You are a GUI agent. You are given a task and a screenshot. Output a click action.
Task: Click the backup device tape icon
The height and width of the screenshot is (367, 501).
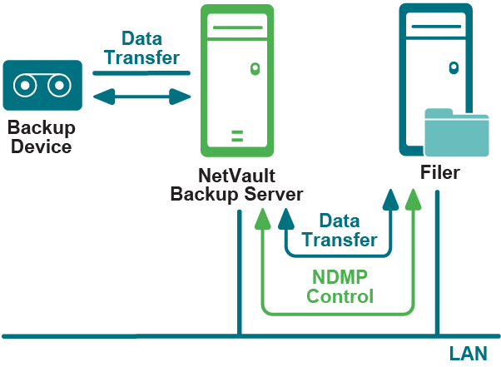click(42, 86)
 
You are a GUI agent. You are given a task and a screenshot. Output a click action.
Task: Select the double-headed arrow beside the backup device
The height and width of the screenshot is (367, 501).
click(142, 97)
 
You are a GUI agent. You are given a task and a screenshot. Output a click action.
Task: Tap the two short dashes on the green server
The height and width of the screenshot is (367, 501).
click(237, 135)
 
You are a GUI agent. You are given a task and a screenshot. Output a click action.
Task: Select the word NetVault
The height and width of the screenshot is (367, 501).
click(237, 176)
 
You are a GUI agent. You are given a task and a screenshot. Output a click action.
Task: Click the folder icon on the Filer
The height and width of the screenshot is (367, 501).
click(457, 132)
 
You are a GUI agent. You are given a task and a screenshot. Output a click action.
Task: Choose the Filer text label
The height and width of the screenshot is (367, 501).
click(439, 173)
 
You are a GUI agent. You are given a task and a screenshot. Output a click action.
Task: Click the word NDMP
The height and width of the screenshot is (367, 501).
click(340, 277)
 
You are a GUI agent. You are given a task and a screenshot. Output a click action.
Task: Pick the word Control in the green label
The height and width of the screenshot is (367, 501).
click(340, 295)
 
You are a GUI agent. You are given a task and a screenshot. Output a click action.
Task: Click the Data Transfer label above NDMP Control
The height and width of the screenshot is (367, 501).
click(340, 231)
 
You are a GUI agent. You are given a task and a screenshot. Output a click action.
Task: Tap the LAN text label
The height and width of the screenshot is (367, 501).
click(468, 354)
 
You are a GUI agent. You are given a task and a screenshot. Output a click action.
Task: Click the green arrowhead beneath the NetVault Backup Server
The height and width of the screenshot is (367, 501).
click(263, 218)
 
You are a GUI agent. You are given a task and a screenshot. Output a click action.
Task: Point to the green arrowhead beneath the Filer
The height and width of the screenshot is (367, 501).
click(412, 199)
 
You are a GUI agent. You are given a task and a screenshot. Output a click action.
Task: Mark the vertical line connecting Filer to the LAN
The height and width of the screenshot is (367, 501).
click(436, 266)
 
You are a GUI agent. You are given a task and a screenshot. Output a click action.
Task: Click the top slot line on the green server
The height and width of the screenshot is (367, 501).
click(237, 28)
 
